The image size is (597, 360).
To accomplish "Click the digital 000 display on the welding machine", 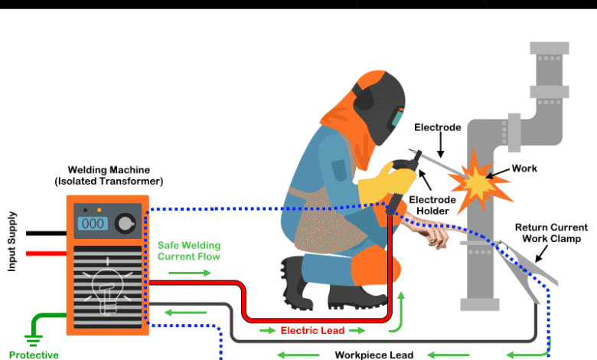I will coord(93,224).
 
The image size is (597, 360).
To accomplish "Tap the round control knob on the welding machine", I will coord(124,224).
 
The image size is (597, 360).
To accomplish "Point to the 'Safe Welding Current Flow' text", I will coord(189,251).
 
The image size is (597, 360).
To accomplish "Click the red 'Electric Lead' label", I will coord(312,331).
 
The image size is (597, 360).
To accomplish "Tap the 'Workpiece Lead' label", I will coord(374,355).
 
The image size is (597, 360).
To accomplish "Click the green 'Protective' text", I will coord(34,355).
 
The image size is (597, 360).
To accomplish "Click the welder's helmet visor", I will coord(396,118).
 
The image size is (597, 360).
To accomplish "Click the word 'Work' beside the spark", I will coord(524,169).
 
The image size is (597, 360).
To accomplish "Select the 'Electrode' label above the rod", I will coord(437,127).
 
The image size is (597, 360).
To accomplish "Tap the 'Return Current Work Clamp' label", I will coord(551,233).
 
